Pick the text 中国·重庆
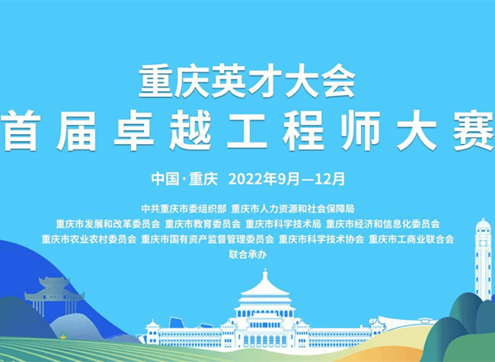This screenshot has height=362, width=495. tap(184, 179)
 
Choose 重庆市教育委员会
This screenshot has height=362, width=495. tap(203, 223)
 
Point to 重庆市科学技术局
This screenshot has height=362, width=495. tap(283, 223)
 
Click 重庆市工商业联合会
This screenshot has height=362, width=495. tap(411, 239)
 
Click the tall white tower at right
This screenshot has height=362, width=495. tap(483, 259)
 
